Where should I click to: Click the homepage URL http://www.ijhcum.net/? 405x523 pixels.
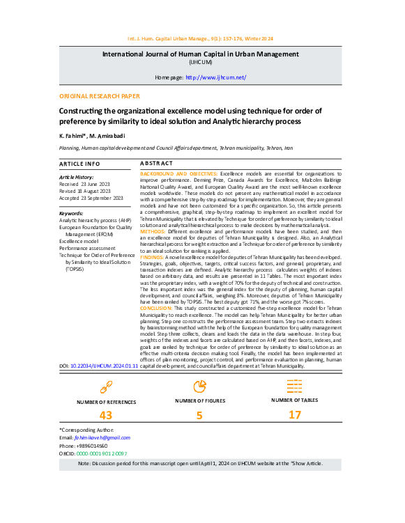coord(216,77)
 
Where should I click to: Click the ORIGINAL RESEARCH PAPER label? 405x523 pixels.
coord(99,96)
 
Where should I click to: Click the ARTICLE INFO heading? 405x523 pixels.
coord(79,163)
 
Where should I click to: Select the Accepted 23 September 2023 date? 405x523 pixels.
coord(91,198)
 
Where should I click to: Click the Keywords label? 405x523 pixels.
coord(72,213)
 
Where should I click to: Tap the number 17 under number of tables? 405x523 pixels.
coord(294,416)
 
